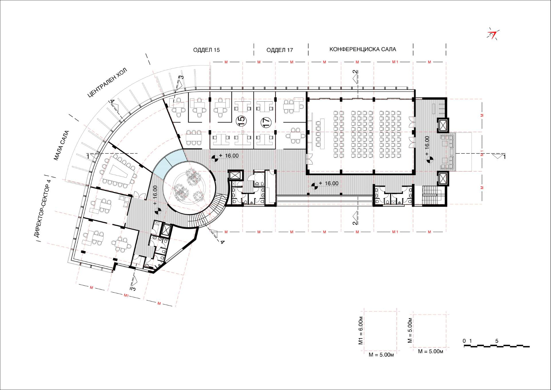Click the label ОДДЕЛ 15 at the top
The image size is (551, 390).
[206, 50]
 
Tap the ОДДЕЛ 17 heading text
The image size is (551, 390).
[280, 50]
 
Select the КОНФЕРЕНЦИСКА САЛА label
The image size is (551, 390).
[362, 49]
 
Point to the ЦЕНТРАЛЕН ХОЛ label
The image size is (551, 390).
[107, 82]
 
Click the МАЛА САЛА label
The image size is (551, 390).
[61, 145]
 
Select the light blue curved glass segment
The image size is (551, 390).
[169, 163]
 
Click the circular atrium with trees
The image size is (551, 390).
[189, 188]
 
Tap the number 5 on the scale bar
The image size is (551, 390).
[497, 341]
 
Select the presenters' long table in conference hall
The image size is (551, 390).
[321, 134]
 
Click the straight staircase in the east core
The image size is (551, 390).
[434, 195]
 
